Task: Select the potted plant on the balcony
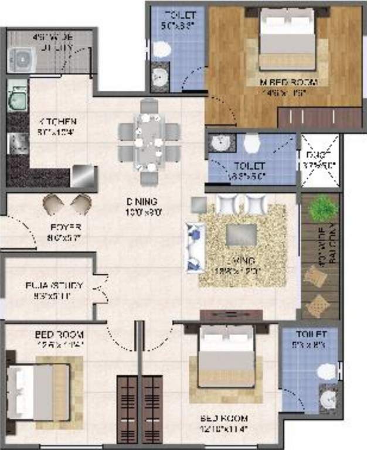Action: pyautogui.click(x=322, y=208)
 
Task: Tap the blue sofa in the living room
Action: pyautogui.click(x=193, y=246)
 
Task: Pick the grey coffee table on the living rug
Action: pyautogui.click(x=240, y=234)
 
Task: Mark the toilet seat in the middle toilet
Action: pyautogui.click(x=251, y=142)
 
